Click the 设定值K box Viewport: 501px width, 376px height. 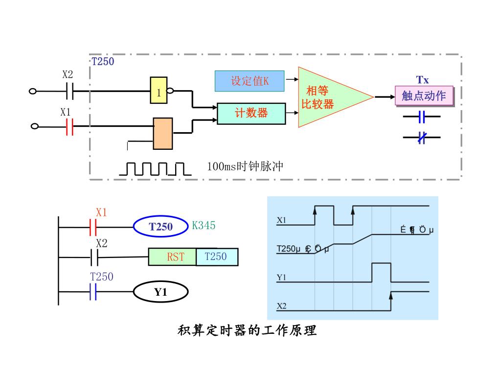point(250,81)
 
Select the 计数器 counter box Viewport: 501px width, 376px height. point(251,113)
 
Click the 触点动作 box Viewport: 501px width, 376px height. point(424,95)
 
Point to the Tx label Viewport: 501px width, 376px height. point(423,80)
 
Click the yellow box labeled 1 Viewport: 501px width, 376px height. point(159,91)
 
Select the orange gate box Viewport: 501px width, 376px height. point(162,133)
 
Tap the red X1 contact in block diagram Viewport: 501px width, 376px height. point(69,126)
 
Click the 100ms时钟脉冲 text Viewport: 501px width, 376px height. point(245,166)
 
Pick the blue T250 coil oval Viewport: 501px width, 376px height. point(161,227)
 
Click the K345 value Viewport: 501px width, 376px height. point(204,226)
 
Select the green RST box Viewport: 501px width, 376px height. point(172,257)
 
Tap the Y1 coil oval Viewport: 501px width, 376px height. point(161,292)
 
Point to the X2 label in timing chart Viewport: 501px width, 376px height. point(281,306)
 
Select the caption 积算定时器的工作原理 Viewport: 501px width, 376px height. point(247,331)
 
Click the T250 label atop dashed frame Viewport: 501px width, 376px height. point(103,62)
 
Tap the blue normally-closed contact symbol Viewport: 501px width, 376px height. point(422,138)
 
